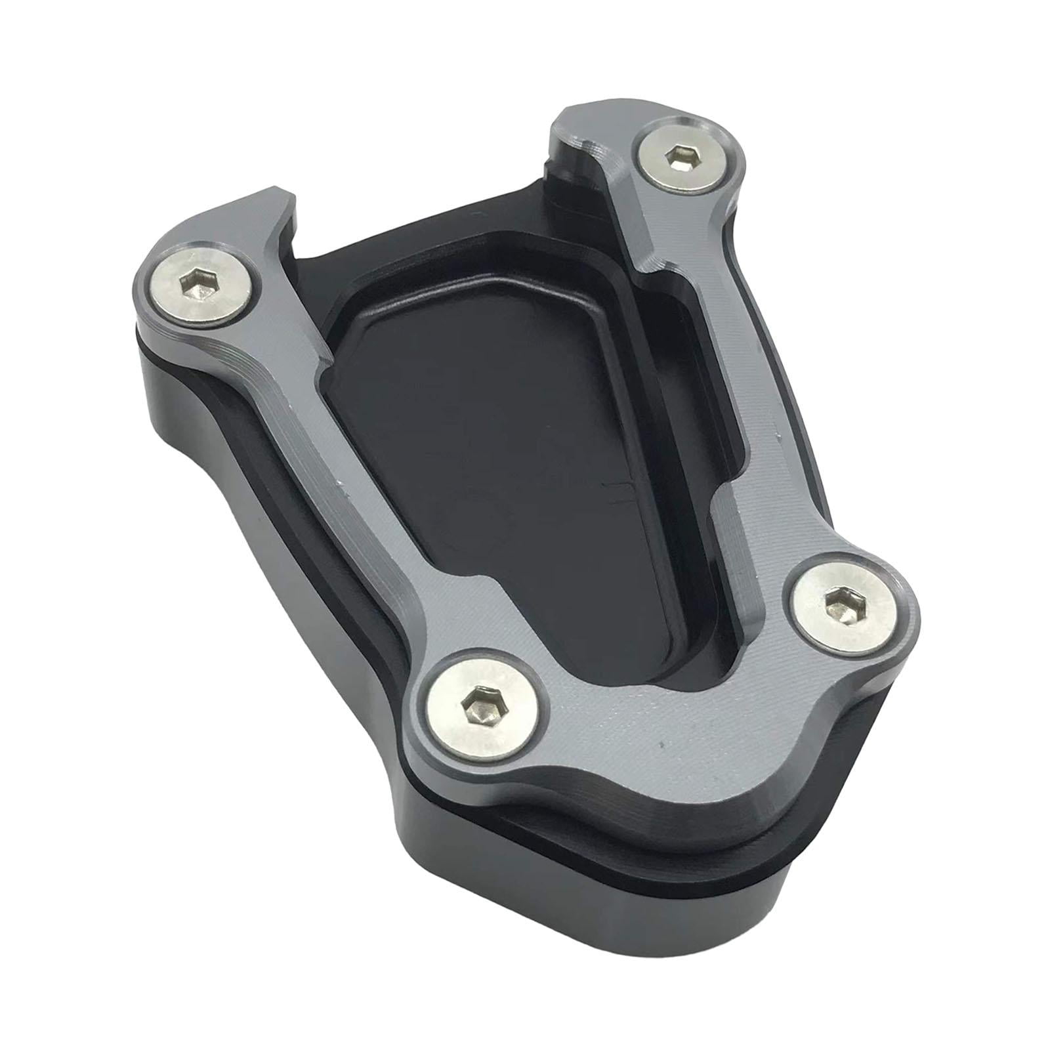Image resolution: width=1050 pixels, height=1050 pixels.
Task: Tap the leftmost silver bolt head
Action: coord(203,284)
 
